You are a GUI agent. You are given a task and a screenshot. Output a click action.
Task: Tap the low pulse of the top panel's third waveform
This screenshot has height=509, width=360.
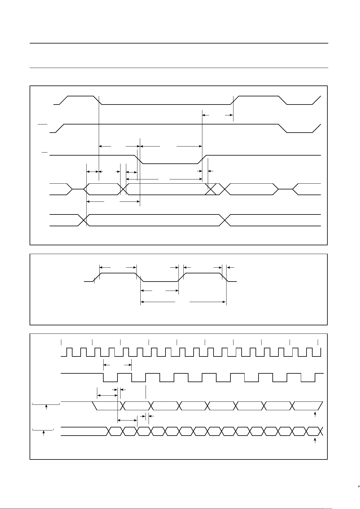[170, 163]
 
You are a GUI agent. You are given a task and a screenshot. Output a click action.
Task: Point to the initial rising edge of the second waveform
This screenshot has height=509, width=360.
[60, 128]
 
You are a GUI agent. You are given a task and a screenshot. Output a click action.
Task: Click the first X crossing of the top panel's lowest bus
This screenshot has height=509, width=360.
[83, 220]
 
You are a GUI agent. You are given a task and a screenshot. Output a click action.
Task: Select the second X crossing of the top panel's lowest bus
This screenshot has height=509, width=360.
[225, 220]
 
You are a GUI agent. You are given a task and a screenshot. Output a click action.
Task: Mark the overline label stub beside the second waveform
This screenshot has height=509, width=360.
[43, 124]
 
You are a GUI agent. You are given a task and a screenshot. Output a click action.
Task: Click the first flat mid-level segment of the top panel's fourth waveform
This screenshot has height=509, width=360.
[78, 189]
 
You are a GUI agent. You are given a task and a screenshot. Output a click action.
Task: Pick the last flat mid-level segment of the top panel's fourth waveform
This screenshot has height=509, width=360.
[285, 189]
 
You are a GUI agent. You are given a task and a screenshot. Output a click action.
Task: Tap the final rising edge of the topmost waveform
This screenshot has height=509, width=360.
[316, 100]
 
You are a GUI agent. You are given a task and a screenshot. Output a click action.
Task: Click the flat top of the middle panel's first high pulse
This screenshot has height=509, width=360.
[118, 273]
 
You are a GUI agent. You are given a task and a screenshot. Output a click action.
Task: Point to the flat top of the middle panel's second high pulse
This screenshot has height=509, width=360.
[202, 273]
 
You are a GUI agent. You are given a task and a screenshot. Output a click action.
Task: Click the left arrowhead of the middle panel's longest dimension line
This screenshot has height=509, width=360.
[142, 301]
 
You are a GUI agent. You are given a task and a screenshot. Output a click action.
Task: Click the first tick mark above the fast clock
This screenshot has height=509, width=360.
[61, 342]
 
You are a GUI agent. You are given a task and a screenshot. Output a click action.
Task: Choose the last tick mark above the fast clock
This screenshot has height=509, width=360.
[318, 342]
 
